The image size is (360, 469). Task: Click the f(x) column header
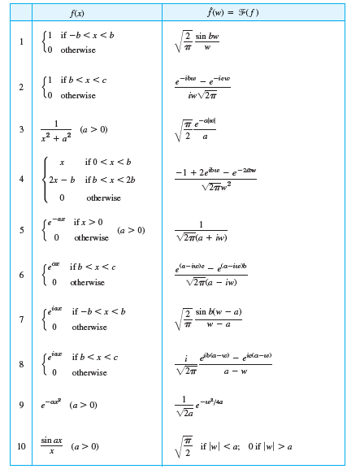coord(79,13)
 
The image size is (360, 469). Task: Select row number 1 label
coord(21,42)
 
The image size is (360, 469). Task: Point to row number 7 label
coord(21,319)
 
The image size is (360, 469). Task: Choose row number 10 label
coord(21,446)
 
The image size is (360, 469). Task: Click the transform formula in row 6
coord(210,275)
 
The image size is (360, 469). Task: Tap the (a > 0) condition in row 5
coord(132,230)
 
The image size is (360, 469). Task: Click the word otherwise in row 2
coord(77,95)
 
